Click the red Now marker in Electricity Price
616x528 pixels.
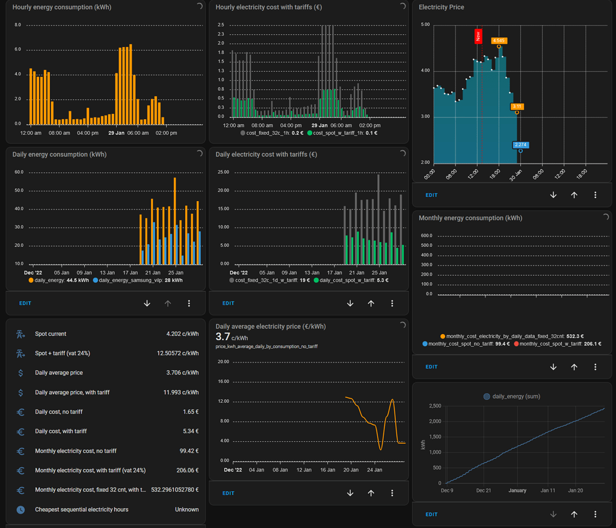478,36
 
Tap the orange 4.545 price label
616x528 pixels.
499,41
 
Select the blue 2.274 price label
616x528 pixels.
520,144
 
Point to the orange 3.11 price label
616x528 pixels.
517,107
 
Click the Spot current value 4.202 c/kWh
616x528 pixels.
182,334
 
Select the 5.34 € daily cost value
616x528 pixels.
190,431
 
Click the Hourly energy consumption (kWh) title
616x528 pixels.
62,7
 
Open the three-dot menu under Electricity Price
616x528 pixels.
595,195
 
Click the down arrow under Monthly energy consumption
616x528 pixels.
553,367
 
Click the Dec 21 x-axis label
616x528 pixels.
484,491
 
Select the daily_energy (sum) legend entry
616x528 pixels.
513,396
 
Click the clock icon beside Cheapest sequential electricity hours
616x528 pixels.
20,509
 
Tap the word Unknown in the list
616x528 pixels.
186,509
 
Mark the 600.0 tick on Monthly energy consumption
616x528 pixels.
427,236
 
